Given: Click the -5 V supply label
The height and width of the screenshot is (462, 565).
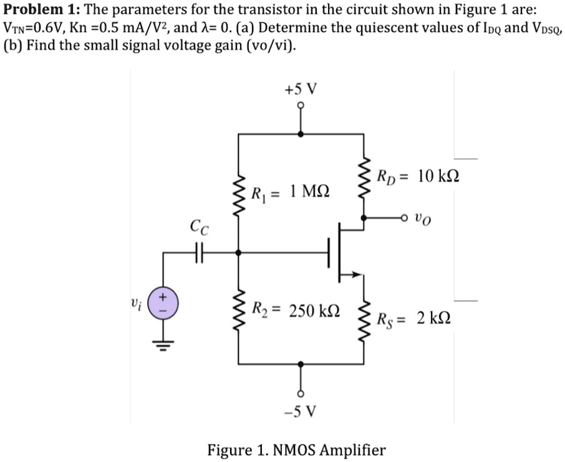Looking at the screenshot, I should click(x=300, y=411).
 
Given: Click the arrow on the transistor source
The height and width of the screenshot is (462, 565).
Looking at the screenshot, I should click(x=355, y=273).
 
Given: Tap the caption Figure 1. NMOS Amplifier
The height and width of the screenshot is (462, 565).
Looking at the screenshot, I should click(x=296, y=449).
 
